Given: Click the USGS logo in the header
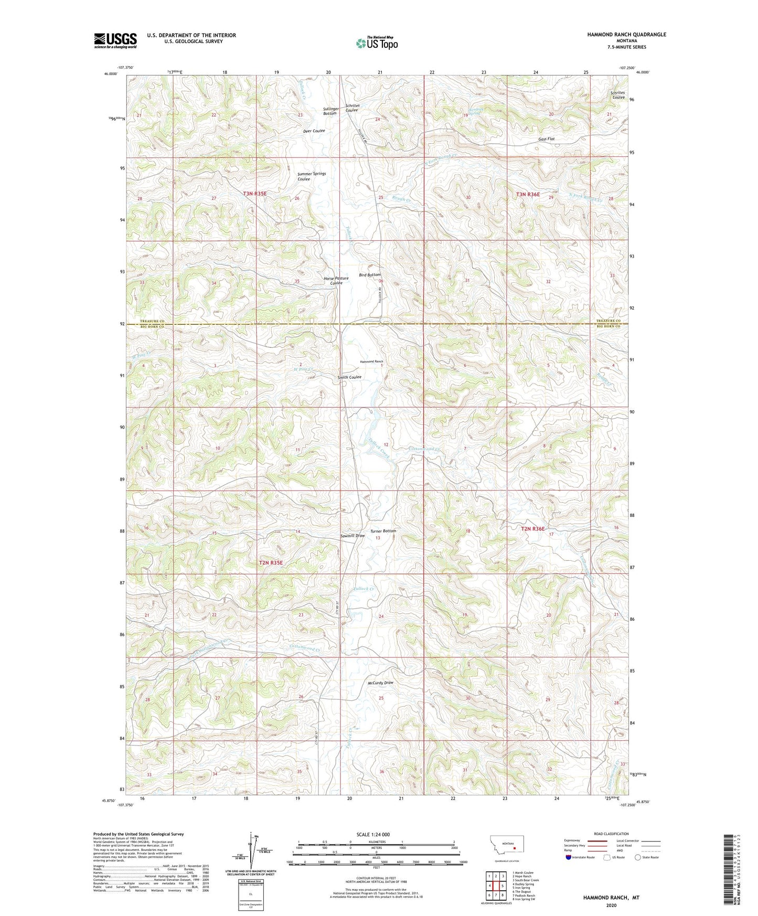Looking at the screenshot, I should pos(115,40).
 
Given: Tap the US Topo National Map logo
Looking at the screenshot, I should pos(377,42).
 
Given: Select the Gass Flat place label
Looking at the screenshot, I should pos(546,139).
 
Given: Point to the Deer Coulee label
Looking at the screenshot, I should pos(314,131).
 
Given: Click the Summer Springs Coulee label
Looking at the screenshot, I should pos(312,176).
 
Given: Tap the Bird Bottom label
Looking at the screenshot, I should pos(370,275).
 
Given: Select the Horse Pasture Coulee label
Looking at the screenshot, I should pos(336,281).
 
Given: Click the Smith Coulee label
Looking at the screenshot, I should pos(349,377).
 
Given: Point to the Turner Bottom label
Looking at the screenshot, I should pos(383,531).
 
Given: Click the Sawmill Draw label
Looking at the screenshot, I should pos(352,536).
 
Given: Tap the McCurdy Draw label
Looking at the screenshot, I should pos(380,683).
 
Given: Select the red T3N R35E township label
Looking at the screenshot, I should pos(255,194).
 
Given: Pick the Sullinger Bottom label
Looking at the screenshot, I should pos(330,111).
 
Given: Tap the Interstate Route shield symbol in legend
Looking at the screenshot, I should pos(569,858).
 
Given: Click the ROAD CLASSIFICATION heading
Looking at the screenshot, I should pos(611,834).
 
